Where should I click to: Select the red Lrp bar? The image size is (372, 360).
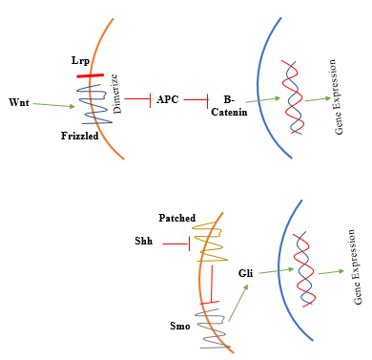(92, 74)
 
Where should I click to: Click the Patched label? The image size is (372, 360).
(177, 218)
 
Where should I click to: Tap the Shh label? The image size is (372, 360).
(143, 242)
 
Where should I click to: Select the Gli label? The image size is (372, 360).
(245, 273)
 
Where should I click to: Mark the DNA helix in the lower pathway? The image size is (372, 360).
(305, 266)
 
